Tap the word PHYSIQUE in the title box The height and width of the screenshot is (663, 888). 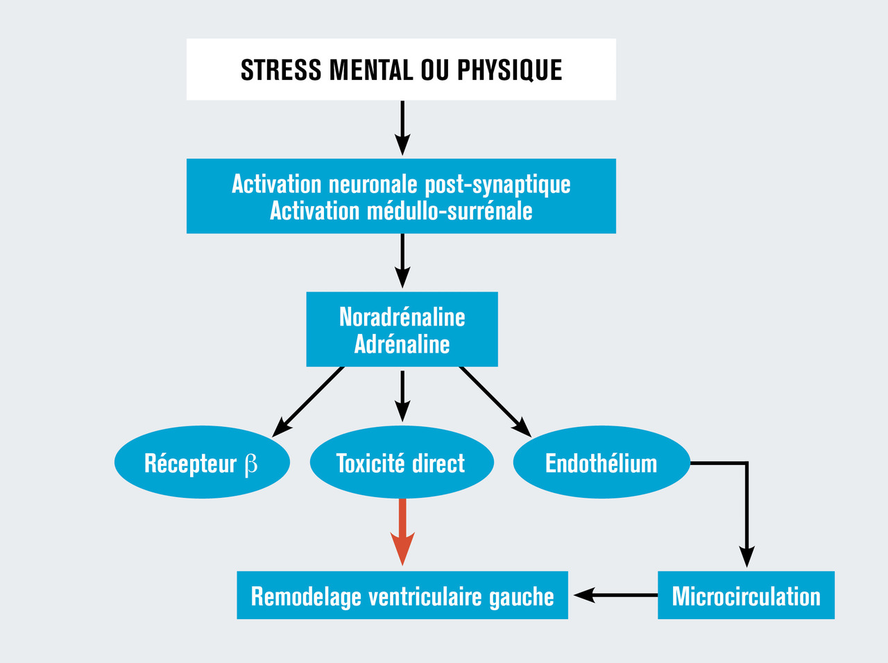pos(509,70)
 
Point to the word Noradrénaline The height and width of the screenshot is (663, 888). pos(402,317)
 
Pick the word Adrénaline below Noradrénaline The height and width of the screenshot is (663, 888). pos(402,344)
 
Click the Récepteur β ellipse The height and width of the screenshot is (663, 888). pos(201,463)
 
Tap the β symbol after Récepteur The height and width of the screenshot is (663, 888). pos(250,464)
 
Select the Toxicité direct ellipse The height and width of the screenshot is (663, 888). pos(401,463)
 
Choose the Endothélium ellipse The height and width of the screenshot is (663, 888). pos(601,463)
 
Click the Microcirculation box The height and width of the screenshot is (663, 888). pos(746,596)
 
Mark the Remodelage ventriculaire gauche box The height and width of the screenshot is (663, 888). pos(402,596)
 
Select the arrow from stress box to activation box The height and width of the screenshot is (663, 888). pos(402,128)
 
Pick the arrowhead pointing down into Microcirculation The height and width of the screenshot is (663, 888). pos(746,557)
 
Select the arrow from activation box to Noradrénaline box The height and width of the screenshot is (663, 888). pos(402,262)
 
